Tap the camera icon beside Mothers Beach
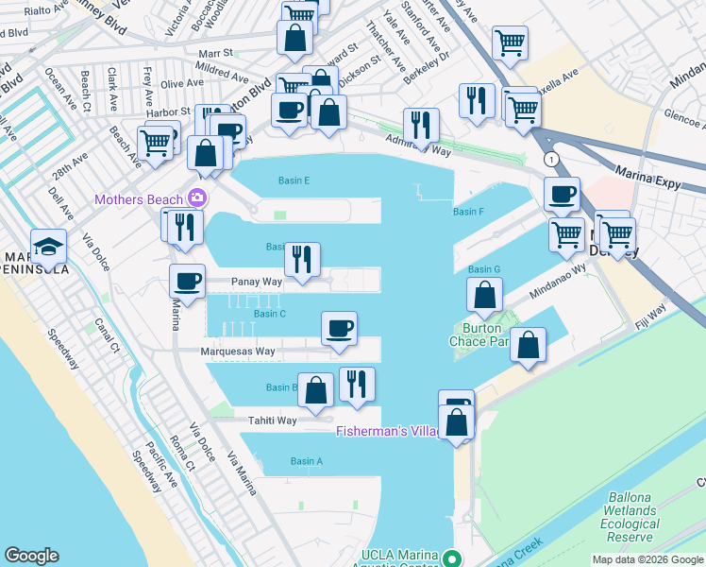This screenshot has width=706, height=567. tap(197, 198)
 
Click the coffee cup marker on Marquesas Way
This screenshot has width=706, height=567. tap(339, 329)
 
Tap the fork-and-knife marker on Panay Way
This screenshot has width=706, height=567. tap(302, 260)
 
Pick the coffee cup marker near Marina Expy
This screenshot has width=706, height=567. tap(562, 195)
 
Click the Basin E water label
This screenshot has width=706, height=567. tap(294, 180)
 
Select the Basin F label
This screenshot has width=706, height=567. tap(468, 212)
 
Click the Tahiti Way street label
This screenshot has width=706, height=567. tap(273, 421)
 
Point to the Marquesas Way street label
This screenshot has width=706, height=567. tap(238, 352)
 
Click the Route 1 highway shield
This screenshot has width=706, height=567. tap(549, 160)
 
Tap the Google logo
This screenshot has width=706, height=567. tap(31, 556)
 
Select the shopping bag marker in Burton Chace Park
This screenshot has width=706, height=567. tap(484, 296)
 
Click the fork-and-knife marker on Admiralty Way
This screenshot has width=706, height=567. tap(421, 126)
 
